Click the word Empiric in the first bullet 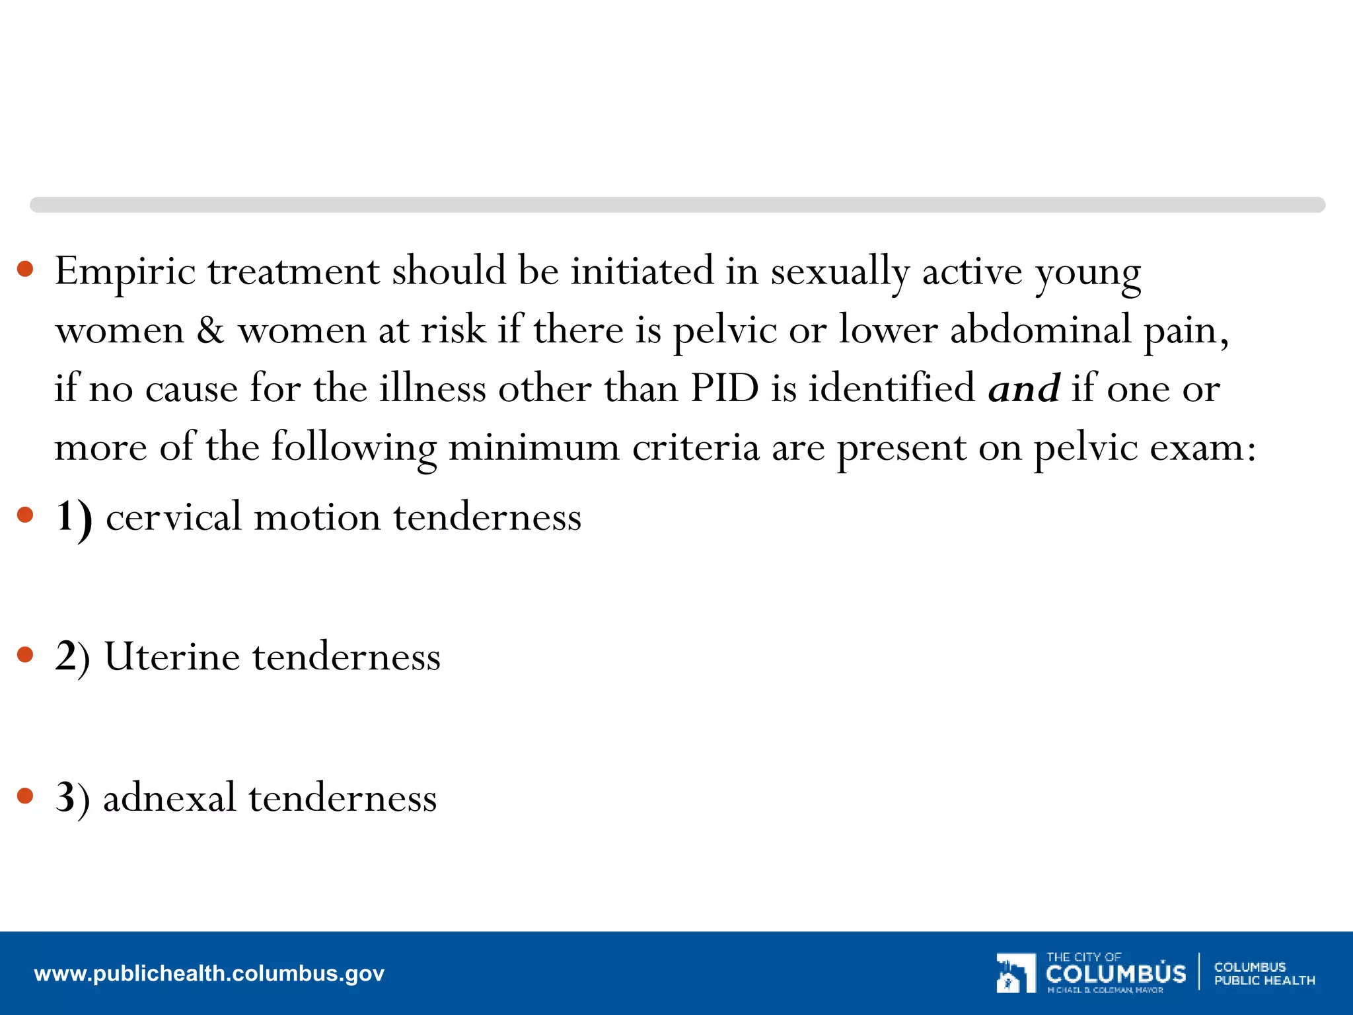[x=125, y=272]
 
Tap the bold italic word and [x=1023, y=389]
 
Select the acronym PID [x=724, y=388]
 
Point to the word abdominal [x=1041, y=329]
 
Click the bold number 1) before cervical [x=73, y=518]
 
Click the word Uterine [x=172, y=657]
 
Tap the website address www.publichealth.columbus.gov [x=209, y=973]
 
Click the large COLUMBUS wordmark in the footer [x=1116, y=973]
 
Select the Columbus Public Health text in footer [x=1264, y=973]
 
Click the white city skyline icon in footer [x=1015, y=973]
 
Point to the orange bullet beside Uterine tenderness [x=25, y=655]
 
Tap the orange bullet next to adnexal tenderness [x=25, y=796]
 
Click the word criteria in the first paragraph [x=696, y=448]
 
